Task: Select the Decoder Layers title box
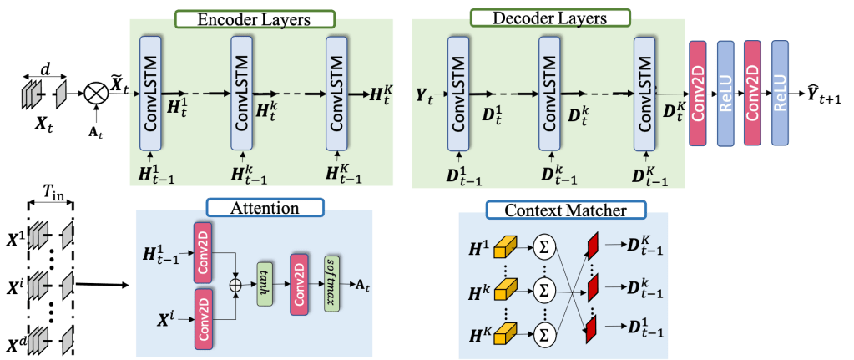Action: (x=538, y=17)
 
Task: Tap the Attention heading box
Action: (x=253, y=207)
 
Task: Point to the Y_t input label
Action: (x=425, y=96)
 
